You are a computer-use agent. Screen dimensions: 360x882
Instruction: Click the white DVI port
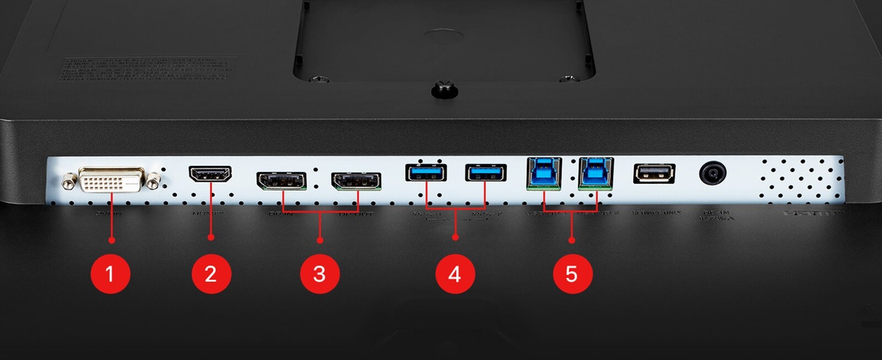(x=112, y=180)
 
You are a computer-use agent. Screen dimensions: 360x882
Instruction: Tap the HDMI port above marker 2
(x=210, y=175)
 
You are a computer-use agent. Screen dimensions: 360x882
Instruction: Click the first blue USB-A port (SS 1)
(x=426, y=173)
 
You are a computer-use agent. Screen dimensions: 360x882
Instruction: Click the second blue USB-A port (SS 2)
(x=485, y=173)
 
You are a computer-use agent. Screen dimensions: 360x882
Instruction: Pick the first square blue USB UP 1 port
(x=544, y=173)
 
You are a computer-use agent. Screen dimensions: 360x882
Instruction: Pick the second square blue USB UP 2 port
(x=595, y=173)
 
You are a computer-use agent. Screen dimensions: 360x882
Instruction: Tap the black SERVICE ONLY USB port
(x=654, y=174)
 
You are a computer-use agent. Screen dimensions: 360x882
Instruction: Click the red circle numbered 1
(x=110, y=274)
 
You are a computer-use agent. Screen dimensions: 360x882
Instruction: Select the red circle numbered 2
(x=211, y=274)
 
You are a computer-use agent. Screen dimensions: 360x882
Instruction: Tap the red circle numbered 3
(x=320, y=274)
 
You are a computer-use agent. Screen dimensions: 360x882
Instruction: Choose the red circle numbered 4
(x=455, y=274)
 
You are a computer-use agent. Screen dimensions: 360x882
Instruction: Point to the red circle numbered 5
(x=572, y=274)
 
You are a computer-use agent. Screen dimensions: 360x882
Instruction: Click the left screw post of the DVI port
(x=69, y=179)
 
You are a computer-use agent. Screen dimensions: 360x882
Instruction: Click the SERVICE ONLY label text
(x=656, y=213)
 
